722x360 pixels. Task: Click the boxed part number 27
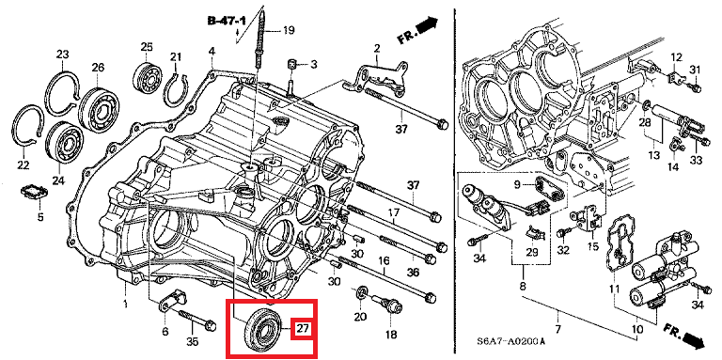[302, 328]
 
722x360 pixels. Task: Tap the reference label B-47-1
[227, 21]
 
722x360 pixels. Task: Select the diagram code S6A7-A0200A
[511, 341]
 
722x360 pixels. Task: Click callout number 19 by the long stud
[289, 31]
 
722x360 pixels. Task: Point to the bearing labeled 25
[147, 75]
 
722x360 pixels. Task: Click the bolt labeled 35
[196, 320]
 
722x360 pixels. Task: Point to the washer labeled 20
[361, 292]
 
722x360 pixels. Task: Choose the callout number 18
[391, 336]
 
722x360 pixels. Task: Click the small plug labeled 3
[291, 64]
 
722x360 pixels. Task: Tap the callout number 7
[558, 330]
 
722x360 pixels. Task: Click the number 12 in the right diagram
[676, 58]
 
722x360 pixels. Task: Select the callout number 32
[563, 250]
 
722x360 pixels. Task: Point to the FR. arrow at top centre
[417, 30]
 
